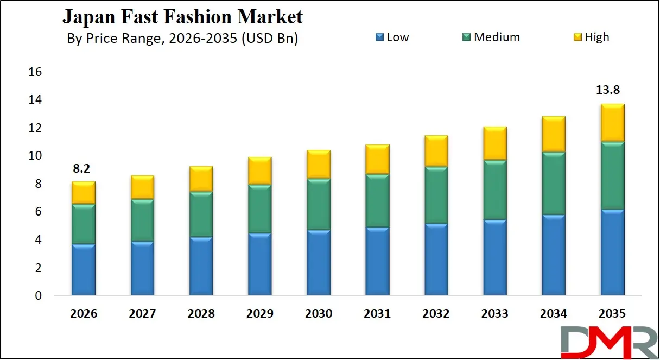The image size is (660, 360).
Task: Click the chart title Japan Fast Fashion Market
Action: pos(182,17)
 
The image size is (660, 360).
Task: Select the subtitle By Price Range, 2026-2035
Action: pos(182,39)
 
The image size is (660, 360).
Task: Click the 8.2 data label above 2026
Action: pos(81,169)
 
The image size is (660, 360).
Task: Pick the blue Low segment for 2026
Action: pos(84,270)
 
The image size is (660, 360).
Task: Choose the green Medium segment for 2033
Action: pos(494,190)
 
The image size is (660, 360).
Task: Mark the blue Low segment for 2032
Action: pos(436,260)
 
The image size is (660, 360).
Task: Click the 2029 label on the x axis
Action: pos(259,314)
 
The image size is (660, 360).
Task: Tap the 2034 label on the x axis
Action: pos(554,314)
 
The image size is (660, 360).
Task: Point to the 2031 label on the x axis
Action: pos(377,314)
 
